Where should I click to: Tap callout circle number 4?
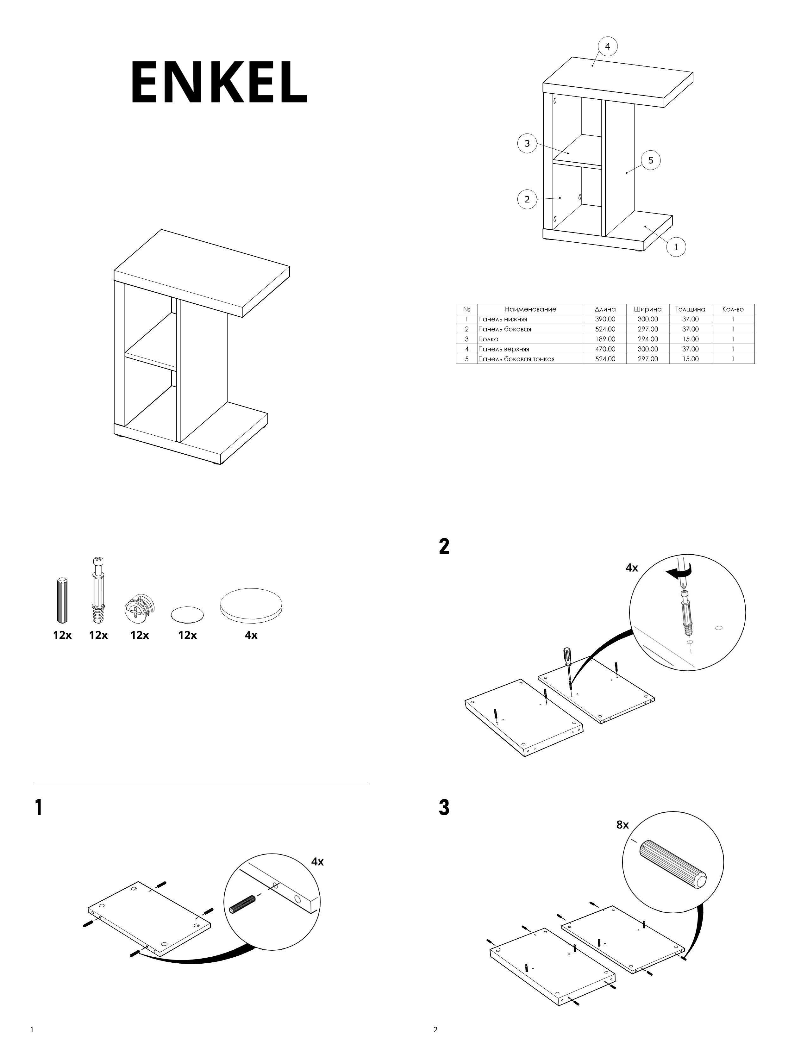[x=607, y=47]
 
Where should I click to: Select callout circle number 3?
[x=527, y=143]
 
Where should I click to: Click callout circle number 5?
[x=650, y=160]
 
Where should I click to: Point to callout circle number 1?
[x=676, y=247]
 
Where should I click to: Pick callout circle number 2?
[x=527, y=199]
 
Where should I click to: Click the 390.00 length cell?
[x=605, y=319]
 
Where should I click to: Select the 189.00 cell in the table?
[x=605, y=339]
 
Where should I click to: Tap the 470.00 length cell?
[x=605, y=349]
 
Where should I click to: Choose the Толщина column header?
[x=690, y=309]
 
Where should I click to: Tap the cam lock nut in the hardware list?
[x=139, y=610]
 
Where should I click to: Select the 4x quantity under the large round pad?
[x=251, y=635]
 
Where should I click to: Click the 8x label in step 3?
[x=622, y=824]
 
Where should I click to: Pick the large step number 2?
[x=444, y=546]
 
